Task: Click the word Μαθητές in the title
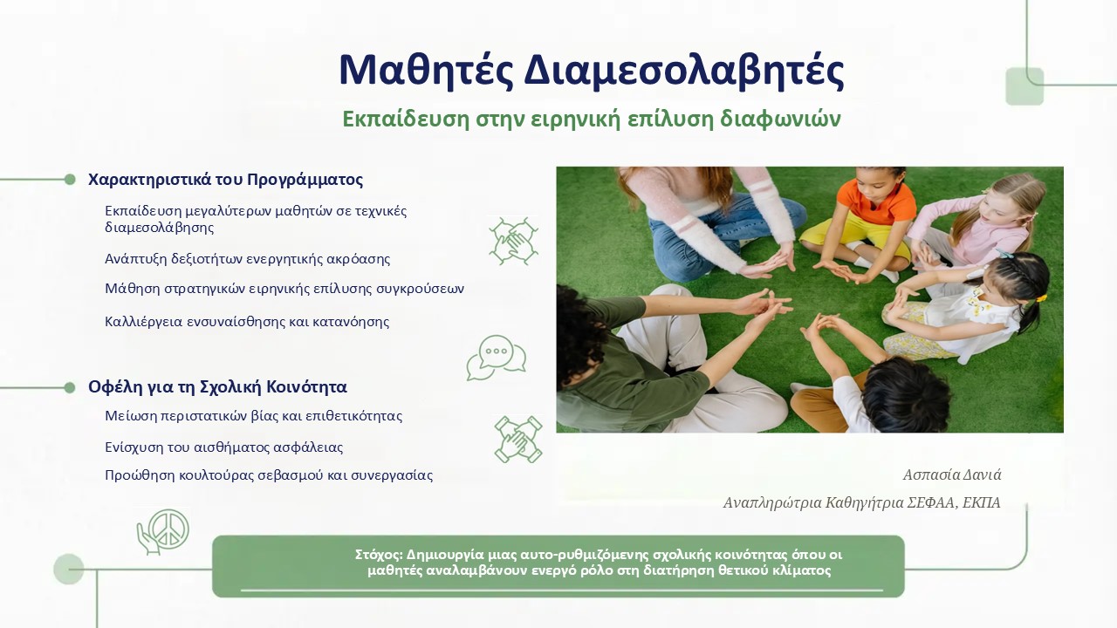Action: tap(427, 71)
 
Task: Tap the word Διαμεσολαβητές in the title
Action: tap(683, 71)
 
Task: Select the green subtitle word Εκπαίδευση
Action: tap(406, 119)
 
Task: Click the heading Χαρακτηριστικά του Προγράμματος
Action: tap(225, 180)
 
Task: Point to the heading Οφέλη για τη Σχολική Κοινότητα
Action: tap(217, 386)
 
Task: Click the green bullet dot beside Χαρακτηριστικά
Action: tap(70, 180)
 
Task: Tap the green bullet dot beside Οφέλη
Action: tap(70, 387)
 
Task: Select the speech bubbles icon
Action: tap(497, 358)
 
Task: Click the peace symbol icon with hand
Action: tap(163, 531)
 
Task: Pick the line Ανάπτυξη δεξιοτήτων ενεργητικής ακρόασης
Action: tap(247, 259)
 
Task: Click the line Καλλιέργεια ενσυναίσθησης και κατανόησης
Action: tap(247, 322)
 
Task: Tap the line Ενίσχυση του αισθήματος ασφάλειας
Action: tap(224, 447)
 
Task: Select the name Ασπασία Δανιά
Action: tap(952, 474)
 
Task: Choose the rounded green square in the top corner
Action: tap(1024, 86)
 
